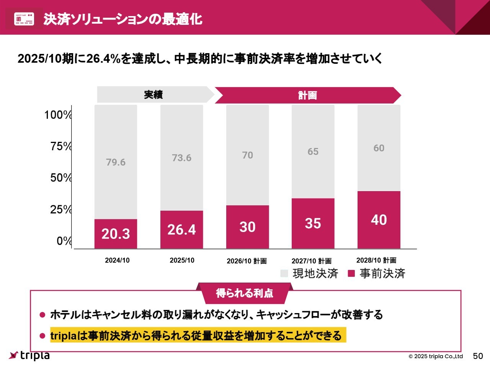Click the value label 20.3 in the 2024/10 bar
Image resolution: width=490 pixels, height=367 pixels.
(x=116, y=234)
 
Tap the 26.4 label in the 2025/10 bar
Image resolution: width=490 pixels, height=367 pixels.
(x=181, y=230)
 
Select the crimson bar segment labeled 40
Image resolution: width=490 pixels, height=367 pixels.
(x=379, y=220)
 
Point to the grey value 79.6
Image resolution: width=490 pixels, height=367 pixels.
(x=116, y=162)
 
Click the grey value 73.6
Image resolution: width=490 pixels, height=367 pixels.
(x=181, y=158)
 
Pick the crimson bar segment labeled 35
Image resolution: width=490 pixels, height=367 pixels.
(x=313, y=224)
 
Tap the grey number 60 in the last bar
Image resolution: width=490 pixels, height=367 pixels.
(x=379, y=148)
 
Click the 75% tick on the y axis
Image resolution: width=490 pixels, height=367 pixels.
(x=61, y=146)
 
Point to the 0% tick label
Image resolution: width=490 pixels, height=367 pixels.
(x=64, y=241)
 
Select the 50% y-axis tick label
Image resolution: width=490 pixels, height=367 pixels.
(x=61, y=178)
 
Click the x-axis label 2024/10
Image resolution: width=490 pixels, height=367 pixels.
(x=117, y=260)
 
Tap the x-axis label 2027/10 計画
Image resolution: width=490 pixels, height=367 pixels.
(x=311, y=261)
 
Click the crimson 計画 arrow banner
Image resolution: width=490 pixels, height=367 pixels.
(x=307, y=95)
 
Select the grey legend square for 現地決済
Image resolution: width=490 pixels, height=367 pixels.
(x=284, y=273)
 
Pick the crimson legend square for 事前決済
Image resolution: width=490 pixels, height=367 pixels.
(x=351, y=273)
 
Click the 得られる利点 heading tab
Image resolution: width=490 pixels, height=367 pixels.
(x=245, y=293)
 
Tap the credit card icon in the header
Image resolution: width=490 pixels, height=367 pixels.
(x=24, y=19)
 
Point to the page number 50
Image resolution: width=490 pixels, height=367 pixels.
(x=478, y=356)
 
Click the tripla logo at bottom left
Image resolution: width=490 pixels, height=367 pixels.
(x=29, y=356)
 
